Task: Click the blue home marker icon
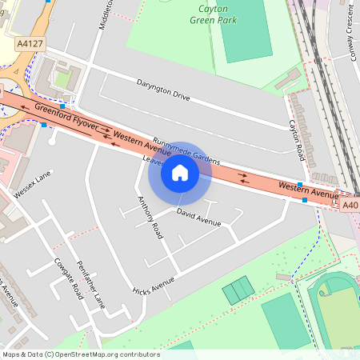(180, 172)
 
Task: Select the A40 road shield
(350, 206)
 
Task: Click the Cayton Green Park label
(213, 14)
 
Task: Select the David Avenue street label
(198, 216)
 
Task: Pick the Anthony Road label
(150, 218)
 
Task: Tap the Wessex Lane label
(33, 183)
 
